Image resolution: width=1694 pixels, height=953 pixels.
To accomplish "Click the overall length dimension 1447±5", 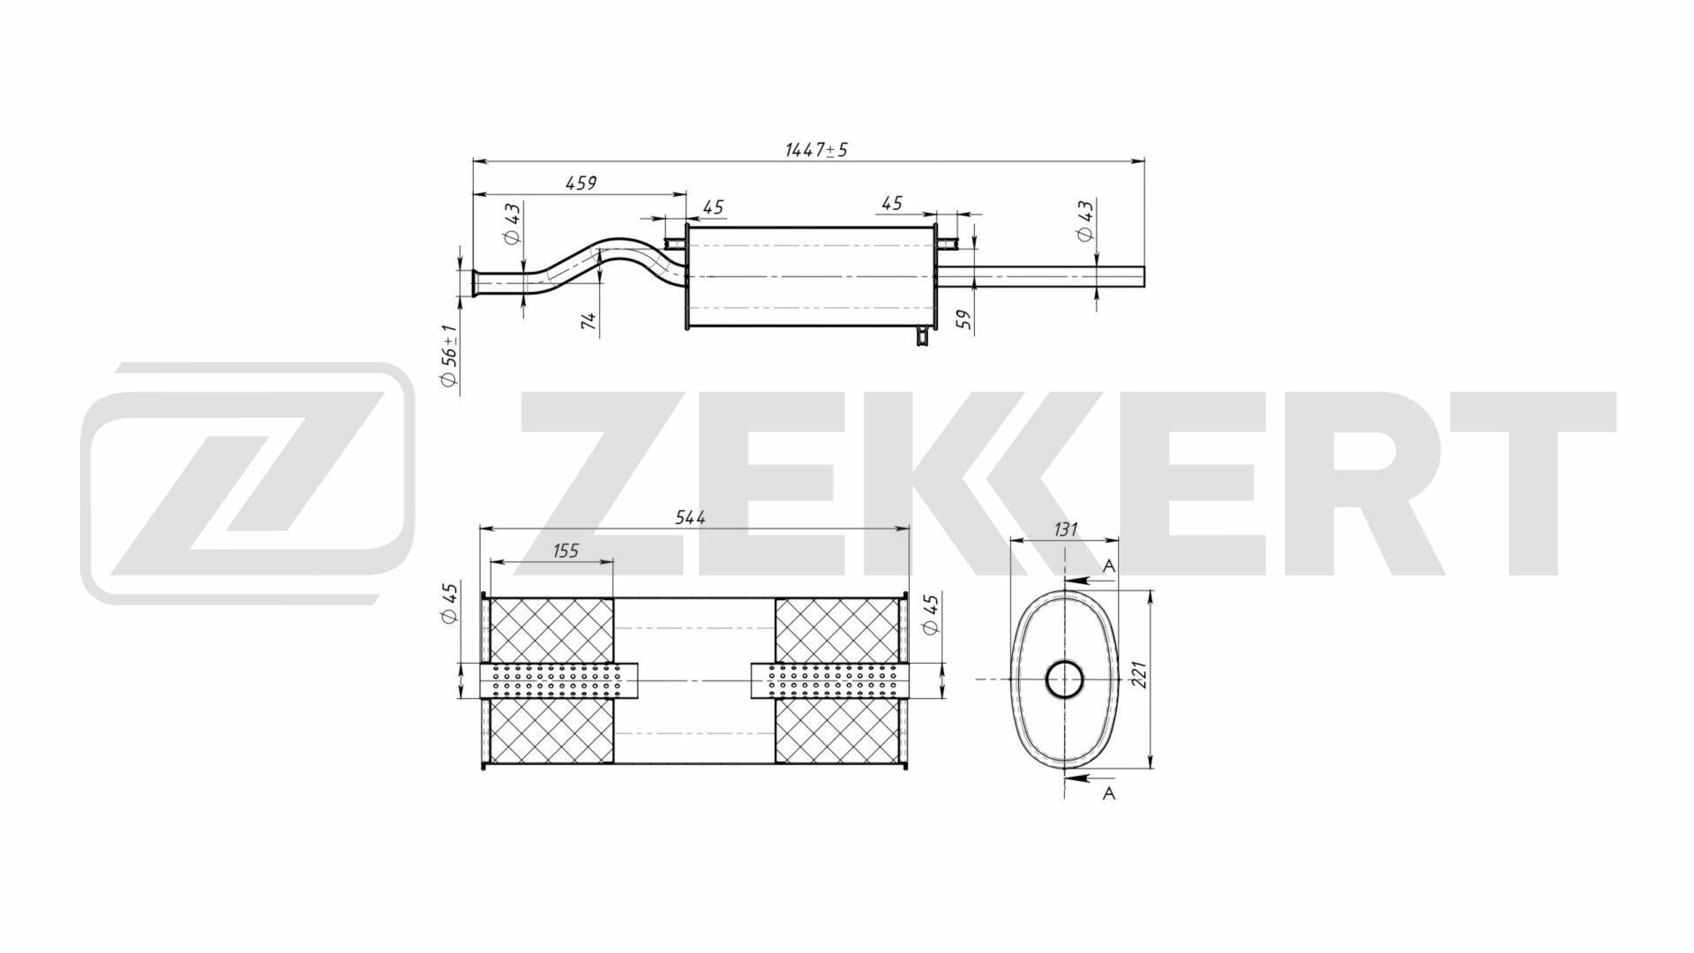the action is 816,149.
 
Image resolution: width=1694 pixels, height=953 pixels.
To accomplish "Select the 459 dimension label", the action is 581,183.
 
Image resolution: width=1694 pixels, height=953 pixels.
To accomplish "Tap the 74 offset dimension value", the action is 589,322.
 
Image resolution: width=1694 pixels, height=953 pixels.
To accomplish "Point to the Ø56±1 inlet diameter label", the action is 448,355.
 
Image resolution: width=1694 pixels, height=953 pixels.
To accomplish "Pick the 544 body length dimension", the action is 690,518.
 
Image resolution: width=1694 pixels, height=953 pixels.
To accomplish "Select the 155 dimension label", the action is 566,551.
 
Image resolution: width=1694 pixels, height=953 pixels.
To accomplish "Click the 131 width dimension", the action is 1066,529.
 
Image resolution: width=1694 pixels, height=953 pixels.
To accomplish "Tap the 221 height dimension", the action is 1136,680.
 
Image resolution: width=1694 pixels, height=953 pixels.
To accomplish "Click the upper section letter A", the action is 1110,567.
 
